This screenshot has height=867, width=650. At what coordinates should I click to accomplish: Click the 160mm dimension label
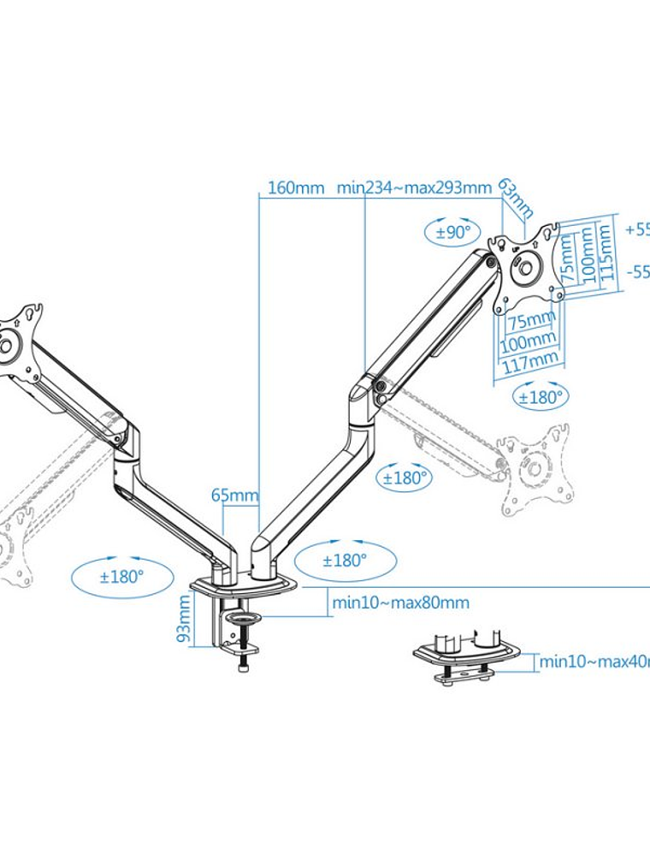click(295, 187)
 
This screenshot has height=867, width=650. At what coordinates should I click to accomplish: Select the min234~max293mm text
click(414, 187)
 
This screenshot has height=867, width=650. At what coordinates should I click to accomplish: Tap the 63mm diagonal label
click(516, 199)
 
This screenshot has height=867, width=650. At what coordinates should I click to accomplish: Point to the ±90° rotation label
click(454, 232)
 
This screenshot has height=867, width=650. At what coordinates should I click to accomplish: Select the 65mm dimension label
click(233, 495)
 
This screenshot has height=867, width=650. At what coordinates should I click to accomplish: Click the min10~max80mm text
click(400, 603)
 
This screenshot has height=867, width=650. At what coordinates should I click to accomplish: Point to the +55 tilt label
click(637, 229)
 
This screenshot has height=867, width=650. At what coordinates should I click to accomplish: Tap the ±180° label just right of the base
click(344, 561)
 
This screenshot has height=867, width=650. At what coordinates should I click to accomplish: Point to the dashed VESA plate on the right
click(535, 469)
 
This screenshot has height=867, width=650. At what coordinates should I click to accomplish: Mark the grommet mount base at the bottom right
click(467, 660)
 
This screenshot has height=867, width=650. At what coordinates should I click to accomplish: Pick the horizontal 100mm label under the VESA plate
click(526, 341)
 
